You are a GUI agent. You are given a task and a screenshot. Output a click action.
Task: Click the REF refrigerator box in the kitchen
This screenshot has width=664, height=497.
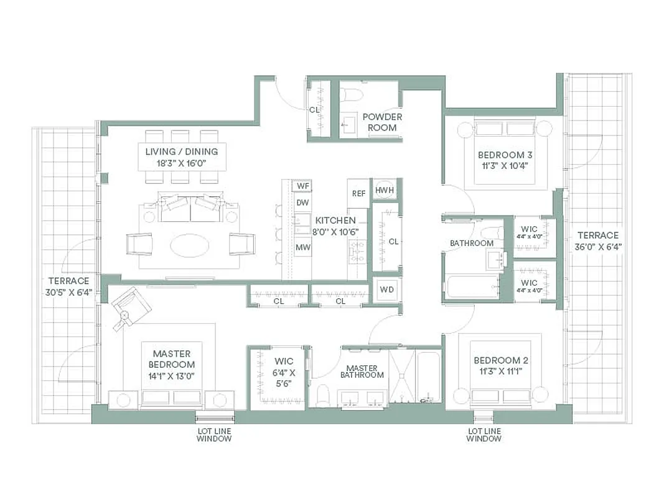click(358, 193)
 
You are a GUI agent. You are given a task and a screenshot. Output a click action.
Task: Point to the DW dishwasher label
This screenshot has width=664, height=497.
click(302, 203)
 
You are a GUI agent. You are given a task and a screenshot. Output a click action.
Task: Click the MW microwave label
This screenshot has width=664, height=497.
click(302, 247)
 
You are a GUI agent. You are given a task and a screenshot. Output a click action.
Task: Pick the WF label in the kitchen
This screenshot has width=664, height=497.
click(302, 186)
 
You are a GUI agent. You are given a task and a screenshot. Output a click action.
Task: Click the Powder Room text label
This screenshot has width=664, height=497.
click(382, 122)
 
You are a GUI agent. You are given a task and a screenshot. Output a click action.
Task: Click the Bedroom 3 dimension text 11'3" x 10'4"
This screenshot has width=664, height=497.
click(506, 166)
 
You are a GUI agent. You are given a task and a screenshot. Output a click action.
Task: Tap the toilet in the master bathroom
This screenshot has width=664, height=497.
click(323, 394)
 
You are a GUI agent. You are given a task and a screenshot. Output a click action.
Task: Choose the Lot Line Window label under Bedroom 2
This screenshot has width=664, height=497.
click(484, 434)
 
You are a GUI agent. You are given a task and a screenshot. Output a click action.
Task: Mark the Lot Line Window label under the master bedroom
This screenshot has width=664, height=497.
click(213, 434)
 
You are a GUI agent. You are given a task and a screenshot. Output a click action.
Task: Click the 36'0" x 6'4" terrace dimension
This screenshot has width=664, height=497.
click(598, 246)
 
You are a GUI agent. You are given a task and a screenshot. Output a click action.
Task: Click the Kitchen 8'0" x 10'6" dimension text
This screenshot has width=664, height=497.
click(335, 231)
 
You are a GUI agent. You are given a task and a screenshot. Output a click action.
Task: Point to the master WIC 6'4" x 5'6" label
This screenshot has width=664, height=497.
click(284, 372)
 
